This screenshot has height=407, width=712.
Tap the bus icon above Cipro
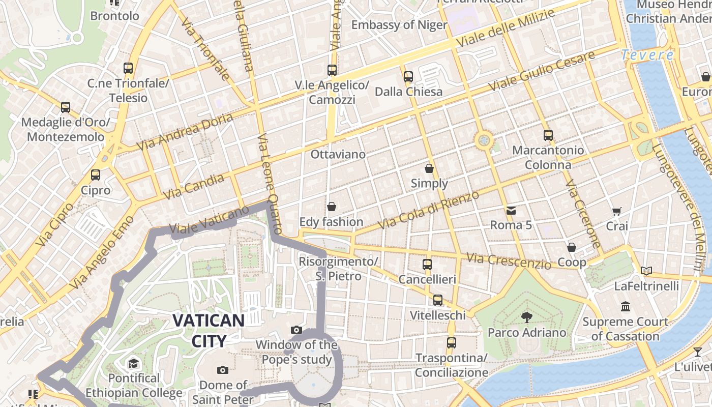pyautogui.click(x=96, y=175)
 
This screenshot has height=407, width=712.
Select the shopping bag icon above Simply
pyautogui.click(x=429, y=168)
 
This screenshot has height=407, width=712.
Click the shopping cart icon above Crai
pyautogui.click(x=617, y=211)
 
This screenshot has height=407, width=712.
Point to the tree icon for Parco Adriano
pyautogui.click(x=526, y=317)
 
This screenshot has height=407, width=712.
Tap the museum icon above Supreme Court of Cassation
pyautogui.click(x=626, y=307)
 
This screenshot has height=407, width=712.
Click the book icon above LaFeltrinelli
pyautogui.click(x=646, y=271)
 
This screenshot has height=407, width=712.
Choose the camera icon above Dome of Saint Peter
pyautogui.click(x=222, y=370)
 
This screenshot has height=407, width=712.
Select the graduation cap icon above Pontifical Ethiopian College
pyautogui.click(x=133, y=363)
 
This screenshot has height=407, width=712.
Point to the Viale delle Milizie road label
pyautogui.click(x=506, y=28)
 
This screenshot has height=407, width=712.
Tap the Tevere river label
pyautogui.click(x=647, y=54)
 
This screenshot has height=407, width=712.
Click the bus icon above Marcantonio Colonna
pyautogui.click(x=548, y=135)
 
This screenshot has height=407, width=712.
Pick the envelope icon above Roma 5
pyautogui.click(x=511, y=210)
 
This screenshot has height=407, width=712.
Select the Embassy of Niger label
pyautogui.click(x=399, y=25)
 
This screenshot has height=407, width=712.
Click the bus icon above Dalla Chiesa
pyautogui.click(x=408, y=77)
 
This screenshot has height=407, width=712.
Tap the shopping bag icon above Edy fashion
pyautogui.click(x=332, y=207)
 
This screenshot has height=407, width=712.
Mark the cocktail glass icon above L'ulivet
pyautogui.click(x=697, y=352)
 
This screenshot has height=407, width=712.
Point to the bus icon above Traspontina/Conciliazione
pyautogui.click(x=451, y=343)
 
